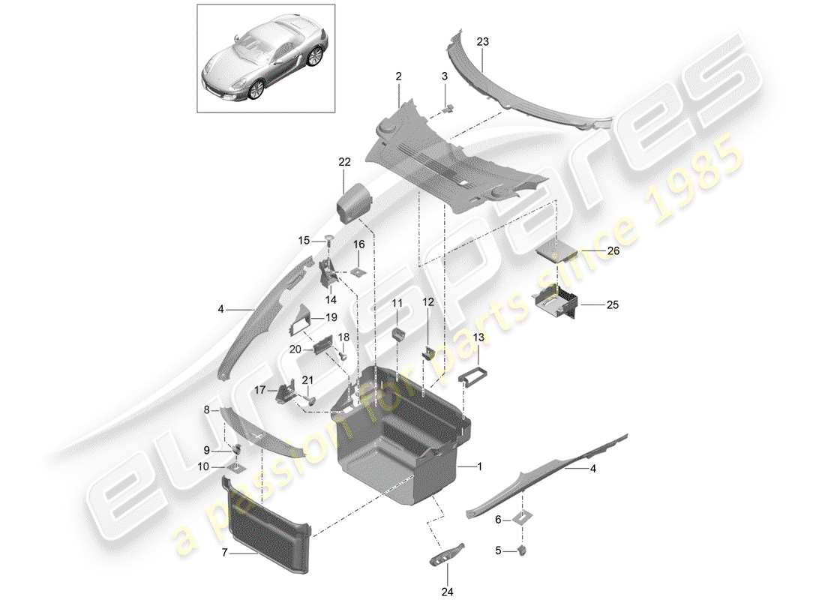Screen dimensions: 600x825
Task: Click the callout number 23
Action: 482,42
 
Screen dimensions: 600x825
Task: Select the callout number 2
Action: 398,76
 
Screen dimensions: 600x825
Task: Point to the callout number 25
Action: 612,305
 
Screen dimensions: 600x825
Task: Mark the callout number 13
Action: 478,337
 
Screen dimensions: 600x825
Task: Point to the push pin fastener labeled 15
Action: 328,240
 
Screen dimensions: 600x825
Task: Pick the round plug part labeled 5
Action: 522,552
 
